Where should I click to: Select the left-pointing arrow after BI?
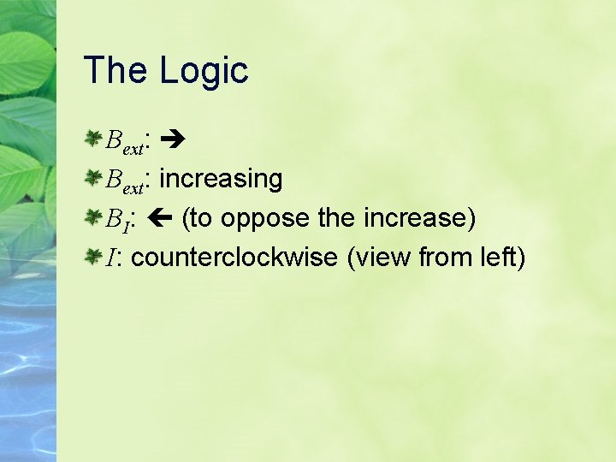[x=162, y=218]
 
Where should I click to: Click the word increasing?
[x=221, y=179]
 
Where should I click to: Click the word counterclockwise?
[x=235, y=257]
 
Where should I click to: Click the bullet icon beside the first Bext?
[x=93, y=139]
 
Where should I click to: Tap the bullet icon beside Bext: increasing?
[x=93, y=178]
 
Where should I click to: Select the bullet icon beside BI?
[x=93, y=217]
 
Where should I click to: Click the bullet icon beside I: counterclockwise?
[x=93, y=257]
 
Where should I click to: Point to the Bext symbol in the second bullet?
[x=125, y=181]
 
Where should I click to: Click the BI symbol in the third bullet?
[x=116, y=220]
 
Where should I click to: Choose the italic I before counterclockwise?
[x=110, y=258]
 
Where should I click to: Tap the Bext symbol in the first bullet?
[x=125, y=141]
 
